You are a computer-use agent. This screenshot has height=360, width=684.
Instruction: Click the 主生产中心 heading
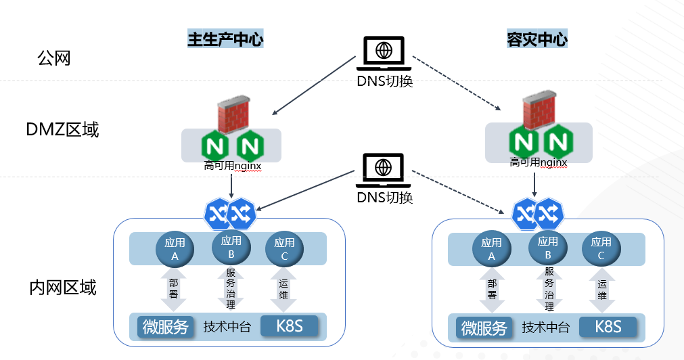click(225, 40)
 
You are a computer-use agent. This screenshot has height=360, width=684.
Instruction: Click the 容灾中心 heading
click(537, 40)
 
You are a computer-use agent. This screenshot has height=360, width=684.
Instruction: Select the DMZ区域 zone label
click(62, 129)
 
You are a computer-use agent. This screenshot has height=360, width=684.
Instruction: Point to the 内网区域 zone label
click(63, 288)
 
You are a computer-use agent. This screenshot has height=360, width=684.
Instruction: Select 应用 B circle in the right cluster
click(548, 248)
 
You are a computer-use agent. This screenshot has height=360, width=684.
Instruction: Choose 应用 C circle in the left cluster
click(284, 249)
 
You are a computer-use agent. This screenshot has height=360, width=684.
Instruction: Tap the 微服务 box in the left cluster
click(166, 327)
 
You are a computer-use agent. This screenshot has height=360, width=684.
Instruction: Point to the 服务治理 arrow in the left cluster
click(231, 290)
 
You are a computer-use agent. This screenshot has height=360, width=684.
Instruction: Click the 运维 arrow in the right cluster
click(601, 290)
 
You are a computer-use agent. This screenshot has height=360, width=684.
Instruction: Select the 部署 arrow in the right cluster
click(492, 290)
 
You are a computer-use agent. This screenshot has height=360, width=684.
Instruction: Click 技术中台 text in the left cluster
click(227, 328)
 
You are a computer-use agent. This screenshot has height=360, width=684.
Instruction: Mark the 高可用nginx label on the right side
click(539, 162)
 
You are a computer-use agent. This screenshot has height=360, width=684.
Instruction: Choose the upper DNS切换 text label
click(384, 81)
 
